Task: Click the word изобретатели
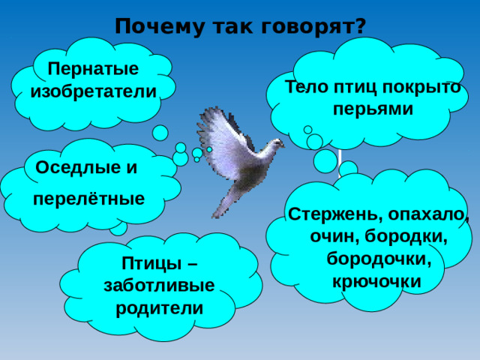94,91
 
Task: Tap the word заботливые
159,286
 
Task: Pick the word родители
159,307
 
